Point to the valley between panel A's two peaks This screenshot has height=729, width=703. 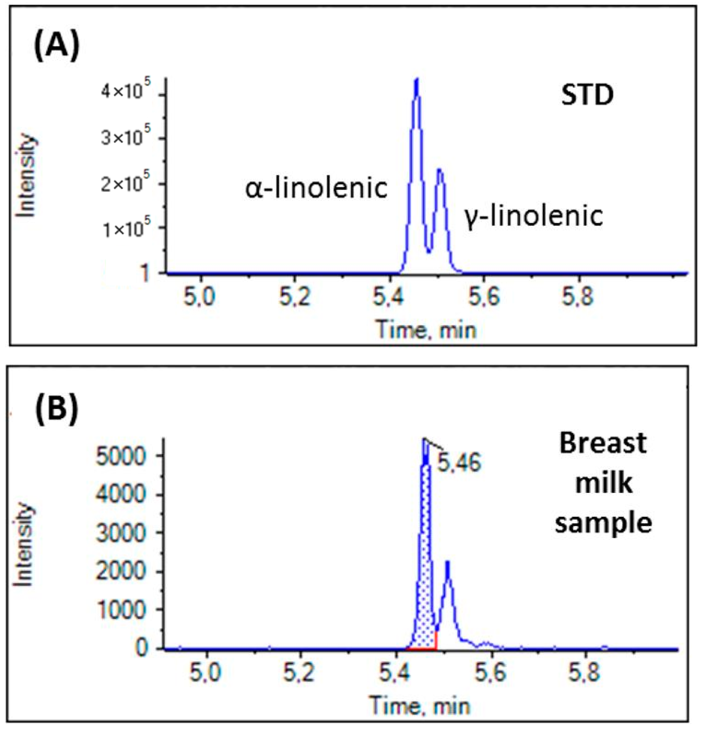(429, 252)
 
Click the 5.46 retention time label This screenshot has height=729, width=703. (459, 463)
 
